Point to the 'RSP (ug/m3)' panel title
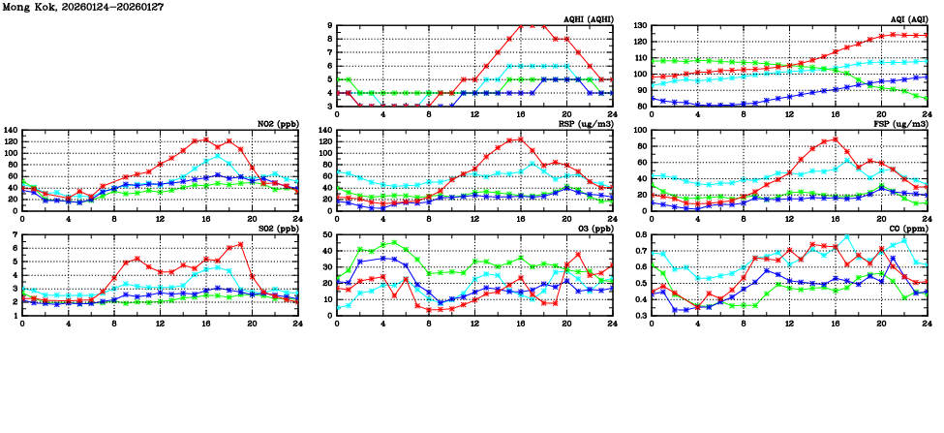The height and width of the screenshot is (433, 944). [x=587, y=124]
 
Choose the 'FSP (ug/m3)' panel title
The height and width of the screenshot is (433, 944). [x=902, y=124]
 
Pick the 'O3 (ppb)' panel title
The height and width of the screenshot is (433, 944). [x=593, y=229]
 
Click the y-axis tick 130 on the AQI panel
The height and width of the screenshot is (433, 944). [x=639, y=26]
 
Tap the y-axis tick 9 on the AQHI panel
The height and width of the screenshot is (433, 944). [x=330, y=26]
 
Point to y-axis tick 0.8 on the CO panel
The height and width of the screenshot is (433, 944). [x=639, y=235]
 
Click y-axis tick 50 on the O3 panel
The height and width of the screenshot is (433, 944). [x=327, y=235]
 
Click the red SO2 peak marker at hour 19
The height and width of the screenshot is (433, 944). [x=240, y=245]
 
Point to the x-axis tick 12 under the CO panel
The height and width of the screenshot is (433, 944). [x=789, y=323]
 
